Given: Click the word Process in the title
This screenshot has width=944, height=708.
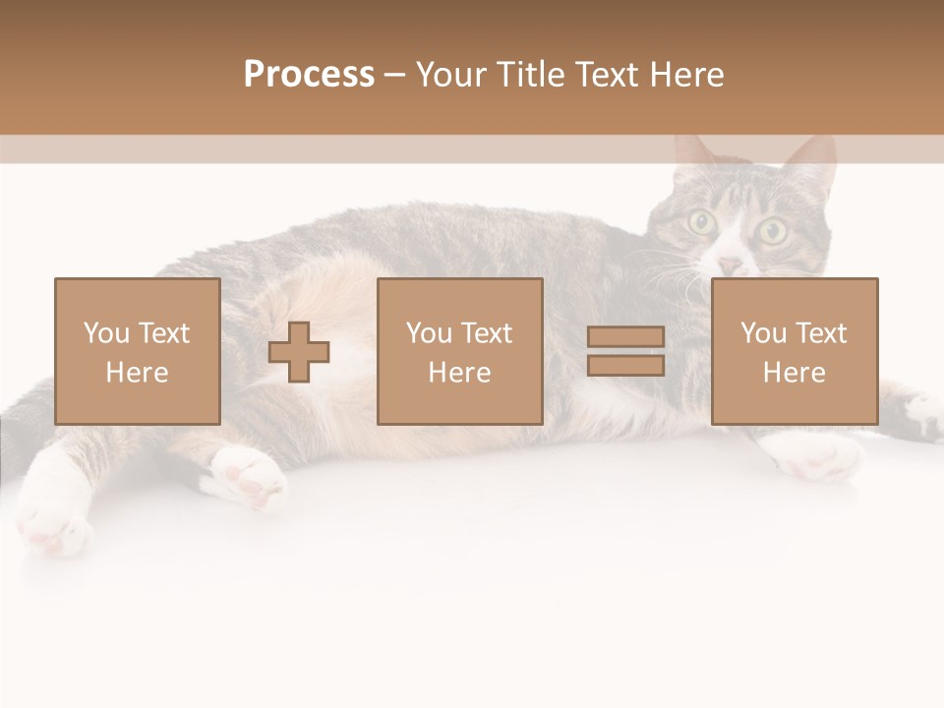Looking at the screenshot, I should point(309,75).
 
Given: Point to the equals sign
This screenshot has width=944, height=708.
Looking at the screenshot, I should point(625,351).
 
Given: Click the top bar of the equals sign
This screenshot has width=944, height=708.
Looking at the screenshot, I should point(625,337).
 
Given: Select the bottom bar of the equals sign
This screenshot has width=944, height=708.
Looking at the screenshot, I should point(625,365).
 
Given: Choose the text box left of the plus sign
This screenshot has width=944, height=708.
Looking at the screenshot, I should point(138,352).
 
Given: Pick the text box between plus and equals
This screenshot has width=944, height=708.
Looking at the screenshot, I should point(459,352).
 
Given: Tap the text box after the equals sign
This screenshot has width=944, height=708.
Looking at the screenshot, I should point(795,352).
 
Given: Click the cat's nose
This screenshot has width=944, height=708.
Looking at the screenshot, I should point(729,265).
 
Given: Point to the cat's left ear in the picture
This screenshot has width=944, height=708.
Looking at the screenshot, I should point(696,157).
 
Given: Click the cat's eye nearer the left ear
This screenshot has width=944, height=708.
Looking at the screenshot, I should point(701,222).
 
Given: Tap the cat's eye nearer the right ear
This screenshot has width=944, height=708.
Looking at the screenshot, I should point(773,232).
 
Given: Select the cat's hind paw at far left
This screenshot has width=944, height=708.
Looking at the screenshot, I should point(54,521).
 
